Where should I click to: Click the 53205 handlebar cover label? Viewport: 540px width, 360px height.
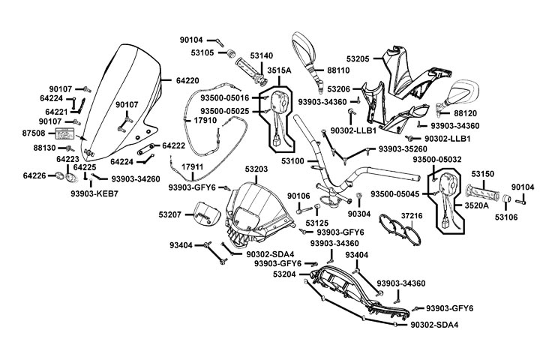pos(358,58)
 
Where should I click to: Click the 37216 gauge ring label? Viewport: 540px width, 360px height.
pos(413,215)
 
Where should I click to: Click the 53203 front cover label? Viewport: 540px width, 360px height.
pos(256,171)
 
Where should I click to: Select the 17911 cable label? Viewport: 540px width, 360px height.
pos(193,165)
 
